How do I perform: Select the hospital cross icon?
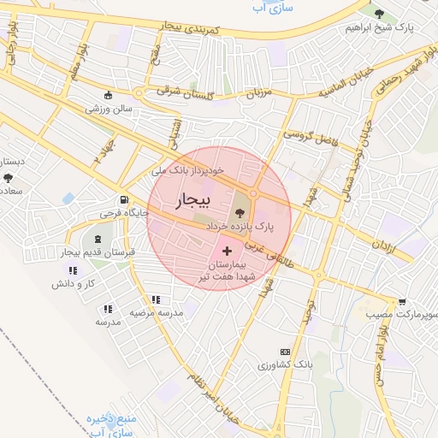coord(227,251)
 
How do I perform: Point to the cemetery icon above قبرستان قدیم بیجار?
coord(95,238)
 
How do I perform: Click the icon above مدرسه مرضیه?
coord(155,299)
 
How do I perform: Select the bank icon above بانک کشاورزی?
coord(285,352)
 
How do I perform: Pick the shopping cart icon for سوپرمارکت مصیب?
coord(402,301)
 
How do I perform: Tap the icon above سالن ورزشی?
coord(107,96)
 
